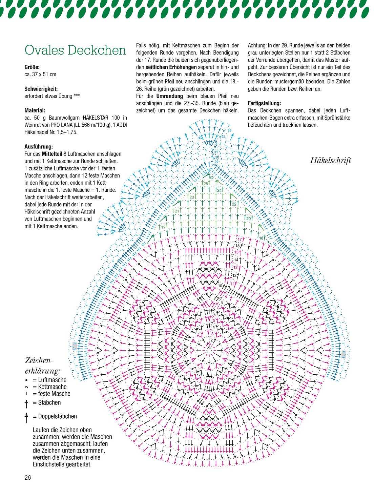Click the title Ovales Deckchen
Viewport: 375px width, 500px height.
tap(75, 50)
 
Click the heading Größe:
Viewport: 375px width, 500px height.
tap(32, 67)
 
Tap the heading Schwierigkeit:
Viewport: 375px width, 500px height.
tap(41, 89)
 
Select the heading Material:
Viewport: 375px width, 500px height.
tap(35, 110)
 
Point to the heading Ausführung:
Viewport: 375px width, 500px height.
tap(39, 147)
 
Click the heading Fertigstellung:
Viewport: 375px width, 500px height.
tap(264, 103)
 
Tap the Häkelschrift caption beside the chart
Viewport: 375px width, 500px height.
tap(330, 160)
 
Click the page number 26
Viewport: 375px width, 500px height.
tap(28, 478)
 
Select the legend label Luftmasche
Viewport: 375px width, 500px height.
tap(52, 380)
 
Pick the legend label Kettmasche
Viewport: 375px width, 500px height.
tap(52, 387)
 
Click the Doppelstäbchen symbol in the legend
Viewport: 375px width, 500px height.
tap(26, 417)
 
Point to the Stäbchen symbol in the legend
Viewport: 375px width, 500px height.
tap(26, 403)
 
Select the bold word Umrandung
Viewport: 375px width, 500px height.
tap(169, 96)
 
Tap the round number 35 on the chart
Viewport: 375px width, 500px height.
tap(229, 131)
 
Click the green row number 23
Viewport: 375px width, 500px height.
tap(192, 197)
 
